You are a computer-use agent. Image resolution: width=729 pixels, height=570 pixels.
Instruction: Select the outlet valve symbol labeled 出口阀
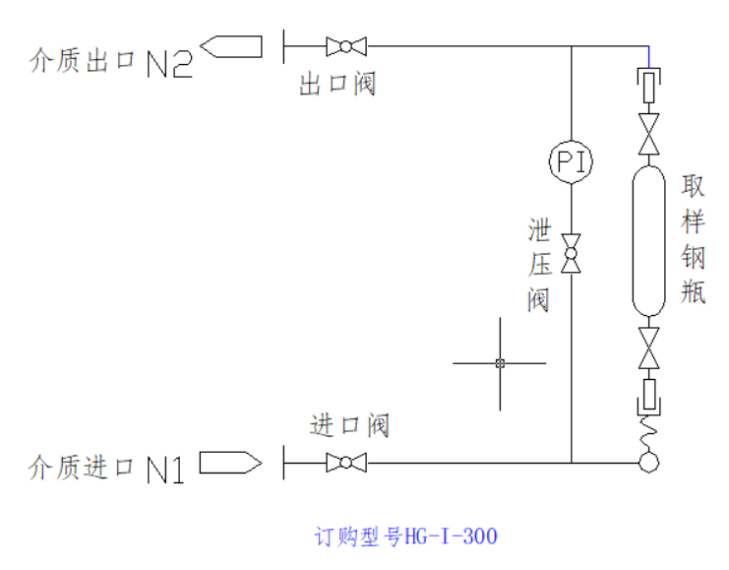[x=345, y=45]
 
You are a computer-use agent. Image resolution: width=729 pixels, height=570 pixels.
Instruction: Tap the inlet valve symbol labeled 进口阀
[x=345, y=462]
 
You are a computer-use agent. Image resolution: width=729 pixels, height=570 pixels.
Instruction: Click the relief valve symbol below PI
[x=571, y=253]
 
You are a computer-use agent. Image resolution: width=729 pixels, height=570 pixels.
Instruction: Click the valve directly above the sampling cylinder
[x=648, y=134]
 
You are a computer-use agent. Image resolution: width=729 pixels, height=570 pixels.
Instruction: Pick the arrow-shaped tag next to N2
[x=231, y=46]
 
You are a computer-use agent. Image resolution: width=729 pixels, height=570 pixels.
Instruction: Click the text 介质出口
[x=83, y=62]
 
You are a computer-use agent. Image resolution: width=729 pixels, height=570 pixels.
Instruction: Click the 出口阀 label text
[x=337, y=85]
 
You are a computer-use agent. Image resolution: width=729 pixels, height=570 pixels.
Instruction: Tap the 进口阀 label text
[x=349, y=425]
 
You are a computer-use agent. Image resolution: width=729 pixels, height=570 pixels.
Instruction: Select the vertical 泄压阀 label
[x=538, y=265]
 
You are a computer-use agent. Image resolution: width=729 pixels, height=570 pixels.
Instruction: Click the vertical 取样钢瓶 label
[x=694, y=239]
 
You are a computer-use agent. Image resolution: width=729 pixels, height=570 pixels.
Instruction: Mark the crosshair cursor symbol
[x=500, y=363]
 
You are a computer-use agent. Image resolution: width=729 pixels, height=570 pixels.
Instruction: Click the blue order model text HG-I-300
[x=405, y=537]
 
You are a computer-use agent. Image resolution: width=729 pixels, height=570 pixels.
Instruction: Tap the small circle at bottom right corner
[x=648, y=462]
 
